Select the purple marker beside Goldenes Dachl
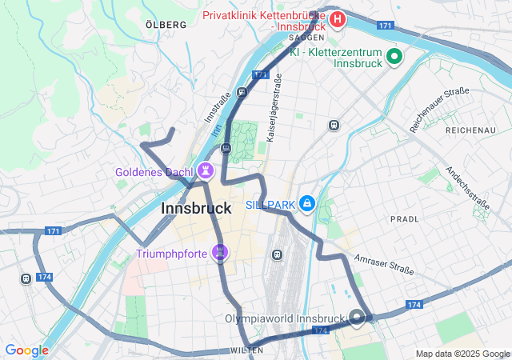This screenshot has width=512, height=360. tap(206, 170)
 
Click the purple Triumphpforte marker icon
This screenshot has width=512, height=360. tap(221, 254)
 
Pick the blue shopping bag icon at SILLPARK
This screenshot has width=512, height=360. tap(306, 205)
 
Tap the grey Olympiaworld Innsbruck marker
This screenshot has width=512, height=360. tap(357, 318)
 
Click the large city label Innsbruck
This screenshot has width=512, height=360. tap(196, 209)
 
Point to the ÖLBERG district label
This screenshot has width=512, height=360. tap(166, 25)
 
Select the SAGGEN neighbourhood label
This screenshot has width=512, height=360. tap(306, 38)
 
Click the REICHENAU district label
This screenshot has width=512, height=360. tap(470, 130)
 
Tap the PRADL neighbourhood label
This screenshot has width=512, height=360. tap(404, 218)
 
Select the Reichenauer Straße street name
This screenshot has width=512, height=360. tap(438, 110)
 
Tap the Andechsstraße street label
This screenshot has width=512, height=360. tap(467, 190)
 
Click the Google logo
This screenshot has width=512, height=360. tap(26, 350)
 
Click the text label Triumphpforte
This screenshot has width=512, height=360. tap(171, 254)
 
